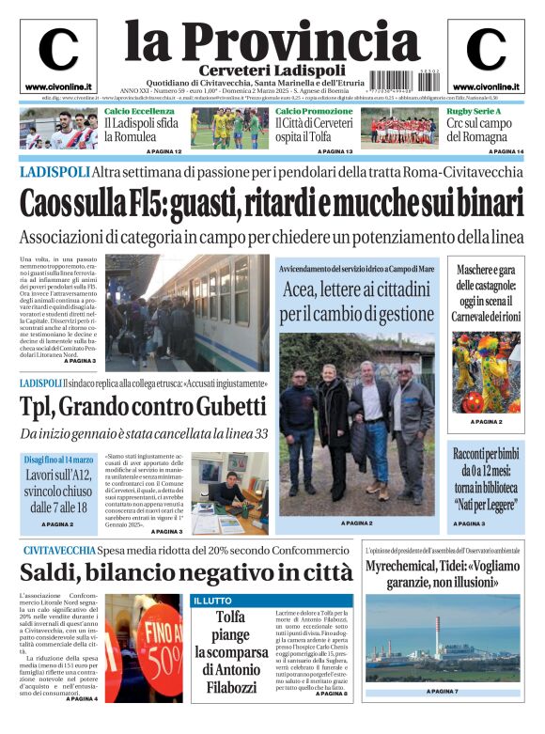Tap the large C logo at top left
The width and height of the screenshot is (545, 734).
(58, 51)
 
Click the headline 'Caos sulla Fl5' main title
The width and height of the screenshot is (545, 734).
(272, 202)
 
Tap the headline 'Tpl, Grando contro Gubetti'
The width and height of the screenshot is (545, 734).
(143, 406)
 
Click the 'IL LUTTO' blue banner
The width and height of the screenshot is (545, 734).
(213, 600)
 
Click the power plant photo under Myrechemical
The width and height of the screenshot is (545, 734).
(442, 637)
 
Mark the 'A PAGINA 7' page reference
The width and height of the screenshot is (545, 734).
(442, 692)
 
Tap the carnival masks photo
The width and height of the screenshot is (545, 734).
(486, 373)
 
